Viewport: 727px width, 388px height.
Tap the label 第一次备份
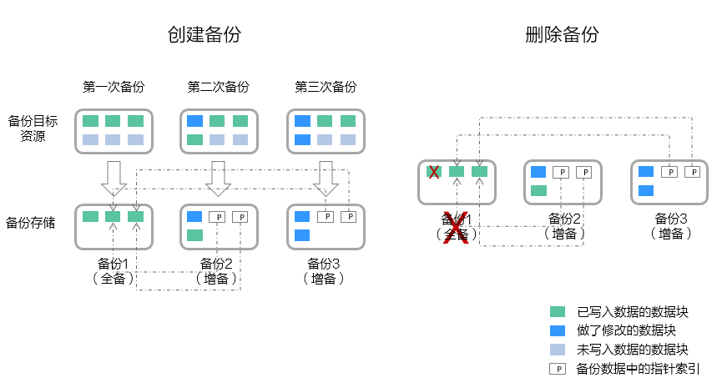click(114, 87)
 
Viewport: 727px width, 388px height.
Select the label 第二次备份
click(218, 87)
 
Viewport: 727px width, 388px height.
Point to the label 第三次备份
click(326, 87)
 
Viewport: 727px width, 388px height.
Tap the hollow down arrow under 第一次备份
click(114, 178)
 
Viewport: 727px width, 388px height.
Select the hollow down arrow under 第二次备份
click(218, 178)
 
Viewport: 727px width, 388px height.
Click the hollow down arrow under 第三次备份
click(326, 178)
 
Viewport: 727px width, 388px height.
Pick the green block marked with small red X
click(434, 172)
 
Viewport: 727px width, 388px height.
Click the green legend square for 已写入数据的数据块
click(558, 312)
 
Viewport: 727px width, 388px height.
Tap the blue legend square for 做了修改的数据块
click(558, 330)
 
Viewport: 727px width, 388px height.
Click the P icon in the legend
click(558, 368)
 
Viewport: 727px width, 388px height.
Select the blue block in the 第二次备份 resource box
click(194, 121)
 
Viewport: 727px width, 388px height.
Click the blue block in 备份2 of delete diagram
click(538, 172)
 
